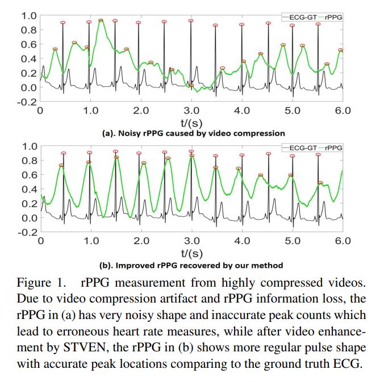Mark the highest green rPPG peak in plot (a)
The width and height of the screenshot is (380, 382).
[101, 20]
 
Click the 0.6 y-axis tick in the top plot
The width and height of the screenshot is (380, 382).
[27, 44]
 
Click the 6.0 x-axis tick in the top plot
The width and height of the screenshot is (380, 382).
[343, 110]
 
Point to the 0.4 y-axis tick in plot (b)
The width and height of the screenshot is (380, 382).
[27, 189]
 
